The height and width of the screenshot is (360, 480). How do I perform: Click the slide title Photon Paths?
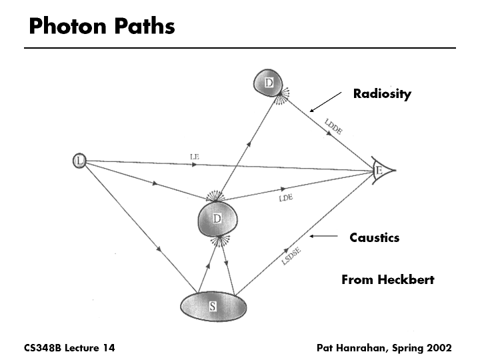[x=102, y=26]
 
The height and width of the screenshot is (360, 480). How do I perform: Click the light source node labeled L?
[x=79, y=161]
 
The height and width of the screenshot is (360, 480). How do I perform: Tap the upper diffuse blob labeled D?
[x=269, y=83]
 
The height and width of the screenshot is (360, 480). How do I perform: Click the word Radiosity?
[x=382, y=93]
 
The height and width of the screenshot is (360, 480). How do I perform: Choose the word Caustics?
[x=375, y=237]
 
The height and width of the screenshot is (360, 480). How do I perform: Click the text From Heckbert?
[x=387, y=279]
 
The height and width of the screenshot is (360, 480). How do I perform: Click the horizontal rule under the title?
[x=240, y=48]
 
